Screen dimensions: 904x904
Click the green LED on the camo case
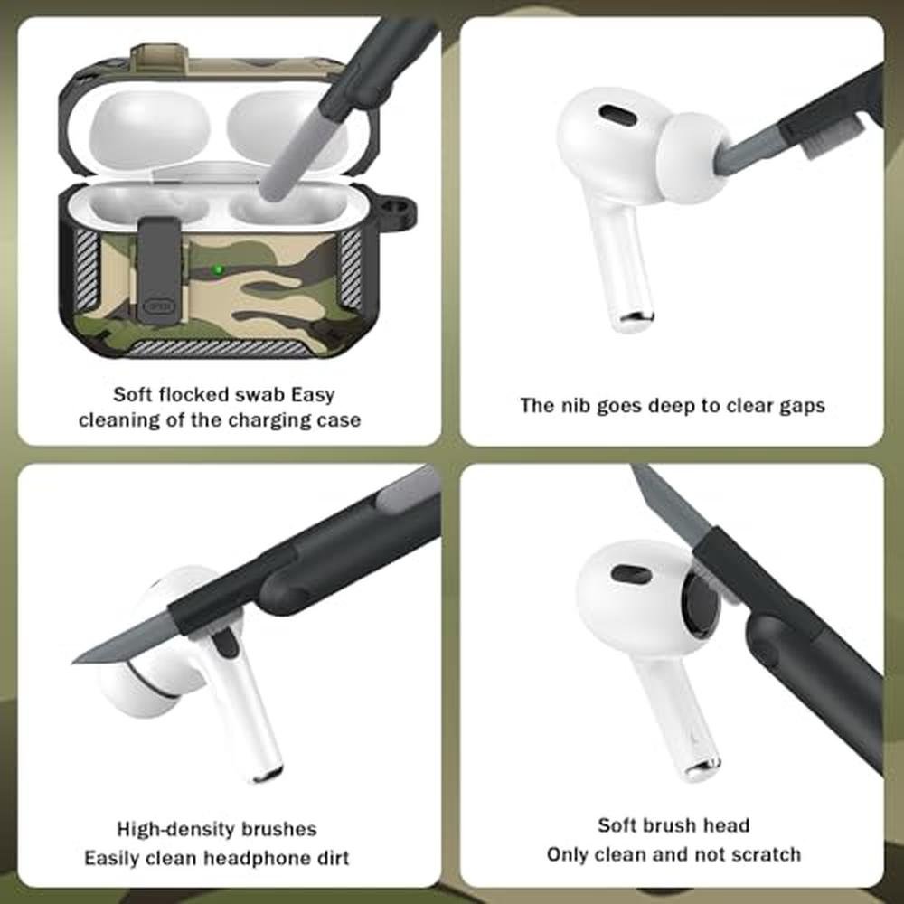tap(217, 269)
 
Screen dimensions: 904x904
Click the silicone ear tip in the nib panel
tap(692, 157)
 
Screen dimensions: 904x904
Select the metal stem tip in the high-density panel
tap(268, 772)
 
